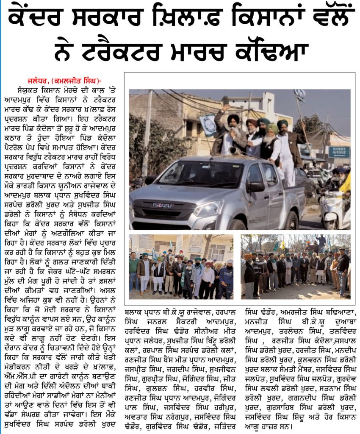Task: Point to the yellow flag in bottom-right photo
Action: tap(282, 245)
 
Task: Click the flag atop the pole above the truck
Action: tap(299, 95)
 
